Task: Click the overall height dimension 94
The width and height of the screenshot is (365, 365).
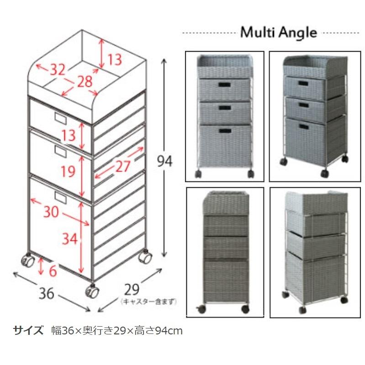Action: [164, 161]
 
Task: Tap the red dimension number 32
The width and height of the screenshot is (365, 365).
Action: [58, 69]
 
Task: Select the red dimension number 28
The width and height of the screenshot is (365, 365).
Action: [85, 82]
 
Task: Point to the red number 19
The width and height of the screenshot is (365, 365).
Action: [68, 172]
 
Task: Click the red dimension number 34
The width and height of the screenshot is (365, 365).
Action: [69, 238]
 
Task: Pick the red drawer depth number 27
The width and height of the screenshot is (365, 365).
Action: [123, 166]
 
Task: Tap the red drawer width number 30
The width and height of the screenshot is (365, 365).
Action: [51, 212]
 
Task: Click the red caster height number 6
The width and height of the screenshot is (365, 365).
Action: [53, 271]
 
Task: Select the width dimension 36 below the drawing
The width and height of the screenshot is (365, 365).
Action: [46, 293]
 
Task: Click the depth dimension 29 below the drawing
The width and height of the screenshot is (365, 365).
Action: [132, 290]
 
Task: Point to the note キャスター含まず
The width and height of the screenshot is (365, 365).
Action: [148, 302]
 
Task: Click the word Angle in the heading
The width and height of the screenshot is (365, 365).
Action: [298, 33]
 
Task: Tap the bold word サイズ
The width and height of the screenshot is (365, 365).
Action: [28, 330]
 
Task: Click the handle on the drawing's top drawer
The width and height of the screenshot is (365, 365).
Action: [61, 117]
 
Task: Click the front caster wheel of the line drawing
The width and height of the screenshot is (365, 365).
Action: [92, 291]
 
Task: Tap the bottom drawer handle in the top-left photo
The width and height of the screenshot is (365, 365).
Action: [225, 131]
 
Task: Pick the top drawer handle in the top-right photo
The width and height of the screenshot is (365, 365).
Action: [303, 83]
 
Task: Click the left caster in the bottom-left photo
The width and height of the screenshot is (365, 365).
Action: [201, 309]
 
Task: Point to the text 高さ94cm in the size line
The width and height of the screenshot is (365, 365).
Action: [159, 331]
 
